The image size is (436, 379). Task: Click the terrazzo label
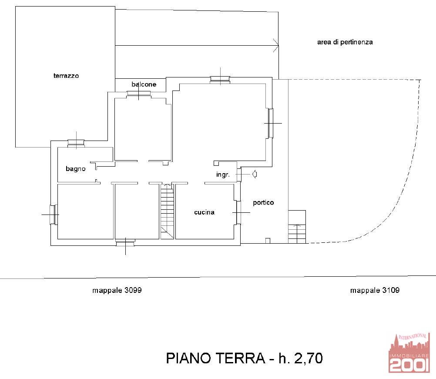point(66,76)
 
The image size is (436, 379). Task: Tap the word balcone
point(144,84)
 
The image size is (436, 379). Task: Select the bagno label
point(76,169)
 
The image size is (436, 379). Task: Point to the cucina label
point(204,212)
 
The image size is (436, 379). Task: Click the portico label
point(263,202)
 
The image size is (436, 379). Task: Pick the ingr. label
point(223,174)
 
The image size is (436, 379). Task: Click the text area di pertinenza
point(345,42)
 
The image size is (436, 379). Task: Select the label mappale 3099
point(117,290)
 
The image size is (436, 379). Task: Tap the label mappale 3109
point(375,290)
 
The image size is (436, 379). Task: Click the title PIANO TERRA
point(215,358)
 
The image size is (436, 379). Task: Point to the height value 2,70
point(308,359)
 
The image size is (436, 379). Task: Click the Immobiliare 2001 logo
point(409,352)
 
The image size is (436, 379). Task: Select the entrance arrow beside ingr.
point(254,174)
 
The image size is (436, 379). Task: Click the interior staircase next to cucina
point(167,211)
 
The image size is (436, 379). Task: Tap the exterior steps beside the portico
point(297,227)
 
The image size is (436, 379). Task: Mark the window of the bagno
point(76,143)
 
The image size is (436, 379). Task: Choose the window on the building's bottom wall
point(125,244)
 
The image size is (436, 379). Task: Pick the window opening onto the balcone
point(139,94)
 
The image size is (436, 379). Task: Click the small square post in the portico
point(268,241)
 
